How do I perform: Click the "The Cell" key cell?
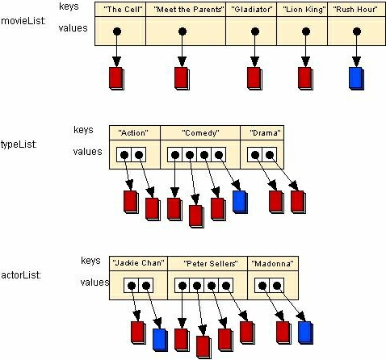point(120,10)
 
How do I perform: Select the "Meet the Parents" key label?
point(189,10)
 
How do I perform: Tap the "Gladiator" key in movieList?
point(251,10)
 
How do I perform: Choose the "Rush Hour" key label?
point(355,10)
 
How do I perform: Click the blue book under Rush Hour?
point(356,78)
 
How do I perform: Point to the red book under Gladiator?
point(254,78)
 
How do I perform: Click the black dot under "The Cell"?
point(117,31)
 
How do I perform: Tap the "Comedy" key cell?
point(200,132)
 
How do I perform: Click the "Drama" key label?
point(265,133)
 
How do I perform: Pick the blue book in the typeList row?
point(240,202)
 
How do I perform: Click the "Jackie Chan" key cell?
point(138,263)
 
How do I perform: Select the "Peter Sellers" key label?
point(211,263)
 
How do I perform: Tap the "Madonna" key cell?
point(273,263)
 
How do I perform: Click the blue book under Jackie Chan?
point(160,340)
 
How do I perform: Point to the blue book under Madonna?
point(305,333)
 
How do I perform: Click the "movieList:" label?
point(23,21)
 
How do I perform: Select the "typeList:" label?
point(19,144)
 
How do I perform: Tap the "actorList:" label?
point(21,275)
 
